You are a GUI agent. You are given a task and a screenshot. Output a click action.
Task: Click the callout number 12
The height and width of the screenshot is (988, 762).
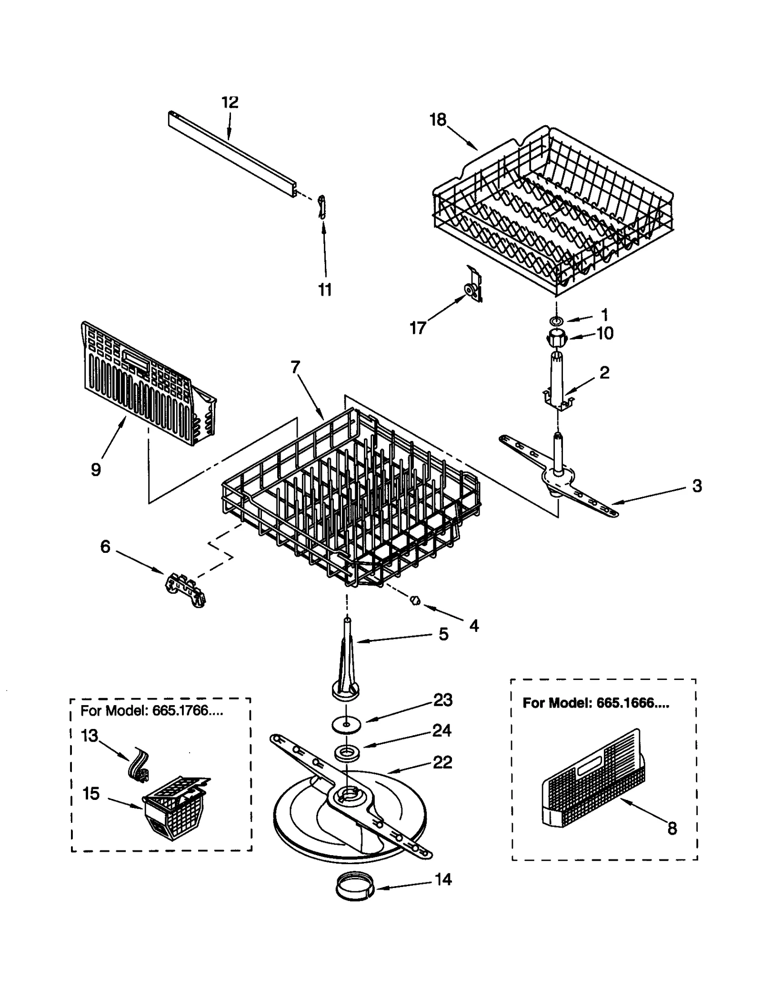(230, 102)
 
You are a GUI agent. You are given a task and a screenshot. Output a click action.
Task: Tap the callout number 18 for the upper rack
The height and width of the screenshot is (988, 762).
(438, 120)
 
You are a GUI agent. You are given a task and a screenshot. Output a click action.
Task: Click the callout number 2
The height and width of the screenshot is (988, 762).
(604, 372)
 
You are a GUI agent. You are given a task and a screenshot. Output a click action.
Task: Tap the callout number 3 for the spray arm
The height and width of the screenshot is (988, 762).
(697, 486)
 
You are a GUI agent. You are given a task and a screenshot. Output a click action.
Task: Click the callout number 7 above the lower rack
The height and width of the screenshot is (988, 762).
(295, 367)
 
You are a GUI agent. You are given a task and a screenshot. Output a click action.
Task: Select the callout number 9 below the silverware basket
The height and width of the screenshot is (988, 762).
(96, 469)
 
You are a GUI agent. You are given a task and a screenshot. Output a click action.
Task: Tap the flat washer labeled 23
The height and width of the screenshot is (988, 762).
(346, 724)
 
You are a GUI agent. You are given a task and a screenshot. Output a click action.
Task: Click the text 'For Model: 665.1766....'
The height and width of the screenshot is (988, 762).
(151, 711)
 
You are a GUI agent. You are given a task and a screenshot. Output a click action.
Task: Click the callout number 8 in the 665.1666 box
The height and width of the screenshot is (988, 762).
(672, 828)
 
